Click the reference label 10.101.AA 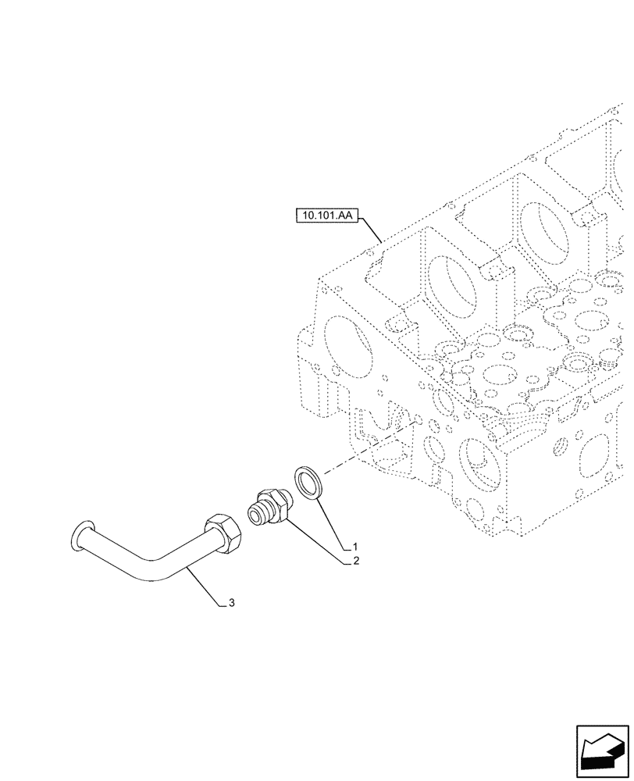(x=326, y=215)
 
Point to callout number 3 (x=231, y=603)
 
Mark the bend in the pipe (x=156, y=570)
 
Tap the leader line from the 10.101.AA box (x=370, y=228)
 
